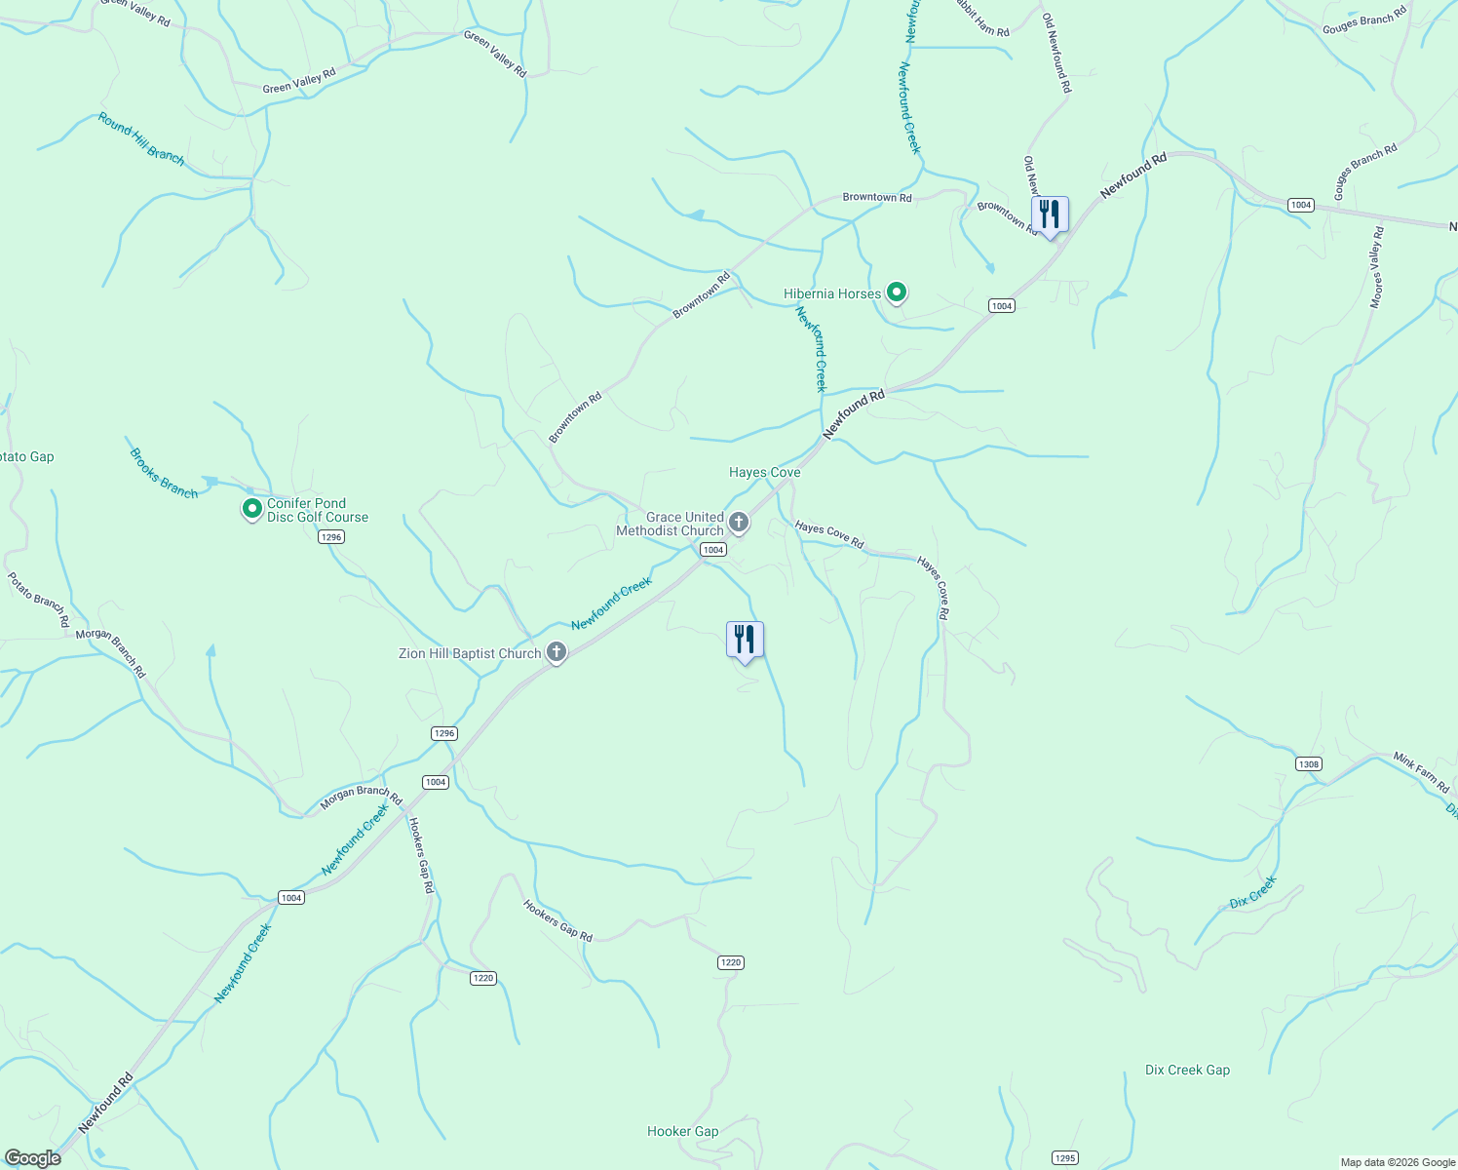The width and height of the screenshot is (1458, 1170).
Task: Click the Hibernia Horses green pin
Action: (896, 292)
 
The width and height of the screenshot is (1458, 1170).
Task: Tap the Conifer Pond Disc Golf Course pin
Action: (251, 509)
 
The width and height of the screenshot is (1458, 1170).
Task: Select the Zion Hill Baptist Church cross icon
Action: (556, 652)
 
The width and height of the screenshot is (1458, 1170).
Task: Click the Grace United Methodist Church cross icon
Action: (739, 523)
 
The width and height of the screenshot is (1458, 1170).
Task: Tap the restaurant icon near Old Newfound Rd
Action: (1050, 215)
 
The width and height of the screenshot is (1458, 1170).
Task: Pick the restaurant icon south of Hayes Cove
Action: (745, 641)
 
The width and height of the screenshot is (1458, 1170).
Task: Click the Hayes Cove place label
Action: (764, 472)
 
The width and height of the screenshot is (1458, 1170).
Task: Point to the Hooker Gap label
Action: (682, 1131)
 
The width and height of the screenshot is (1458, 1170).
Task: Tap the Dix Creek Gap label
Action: (1187, 1070)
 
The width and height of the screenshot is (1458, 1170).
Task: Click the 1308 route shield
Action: (1309, 764)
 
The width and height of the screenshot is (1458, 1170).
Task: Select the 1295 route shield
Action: (1064, 1158)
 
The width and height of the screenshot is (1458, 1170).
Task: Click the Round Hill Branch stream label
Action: (140, 138)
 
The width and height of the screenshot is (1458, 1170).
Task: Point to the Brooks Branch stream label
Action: (164, 474)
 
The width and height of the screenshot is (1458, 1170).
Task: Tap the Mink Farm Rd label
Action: (1421, 772)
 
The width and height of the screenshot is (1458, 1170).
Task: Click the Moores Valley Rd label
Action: (1376, 267)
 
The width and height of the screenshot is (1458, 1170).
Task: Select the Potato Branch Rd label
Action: (39, 599)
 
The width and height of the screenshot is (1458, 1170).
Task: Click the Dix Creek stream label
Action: (1252, 892)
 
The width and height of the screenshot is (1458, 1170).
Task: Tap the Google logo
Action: (33, 1158)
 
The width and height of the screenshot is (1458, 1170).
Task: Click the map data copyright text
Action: (1396, 1162)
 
